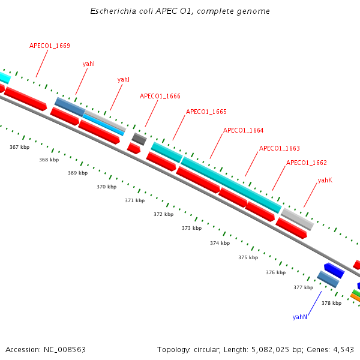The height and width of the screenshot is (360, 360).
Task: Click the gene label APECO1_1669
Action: (x=50, y=46)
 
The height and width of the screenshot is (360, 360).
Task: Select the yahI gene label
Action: (x=89, y=63)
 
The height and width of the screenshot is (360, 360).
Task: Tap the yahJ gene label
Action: (x=124, y=79)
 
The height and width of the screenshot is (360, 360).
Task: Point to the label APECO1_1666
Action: (x=160, y=96)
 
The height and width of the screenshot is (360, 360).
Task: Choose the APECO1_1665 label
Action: (x=206, y=112)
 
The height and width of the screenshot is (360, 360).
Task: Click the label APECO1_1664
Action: (x=244, y=130)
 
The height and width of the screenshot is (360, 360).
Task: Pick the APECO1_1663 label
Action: (x=280, y=148)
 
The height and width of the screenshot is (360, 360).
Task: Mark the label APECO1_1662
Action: (x=307, y=163)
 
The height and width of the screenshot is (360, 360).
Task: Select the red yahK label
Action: (x=325, y=180)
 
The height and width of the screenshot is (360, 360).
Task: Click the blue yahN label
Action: (x=300, y=316)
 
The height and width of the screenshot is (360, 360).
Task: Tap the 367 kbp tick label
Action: (x=20, y=146)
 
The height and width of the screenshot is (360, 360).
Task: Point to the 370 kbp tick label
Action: (x=107, y=187)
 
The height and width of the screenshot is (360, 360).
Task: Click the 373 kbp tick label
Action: (x=192, y=228)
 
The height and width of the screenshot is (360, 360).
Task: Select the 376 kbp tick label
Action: (x=276, y=272)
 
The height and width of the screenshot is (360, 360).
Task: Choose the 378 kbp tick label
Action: (x=332, y=303)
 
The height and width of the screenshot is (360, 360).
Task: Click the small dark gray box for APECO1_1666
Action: (x=139, y=139)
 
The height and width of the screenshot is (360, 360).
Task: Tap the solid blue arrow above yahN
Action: (x=334, y=270)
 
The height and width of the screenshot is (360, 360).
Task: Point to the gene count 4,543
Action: (x=341, y=349)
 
